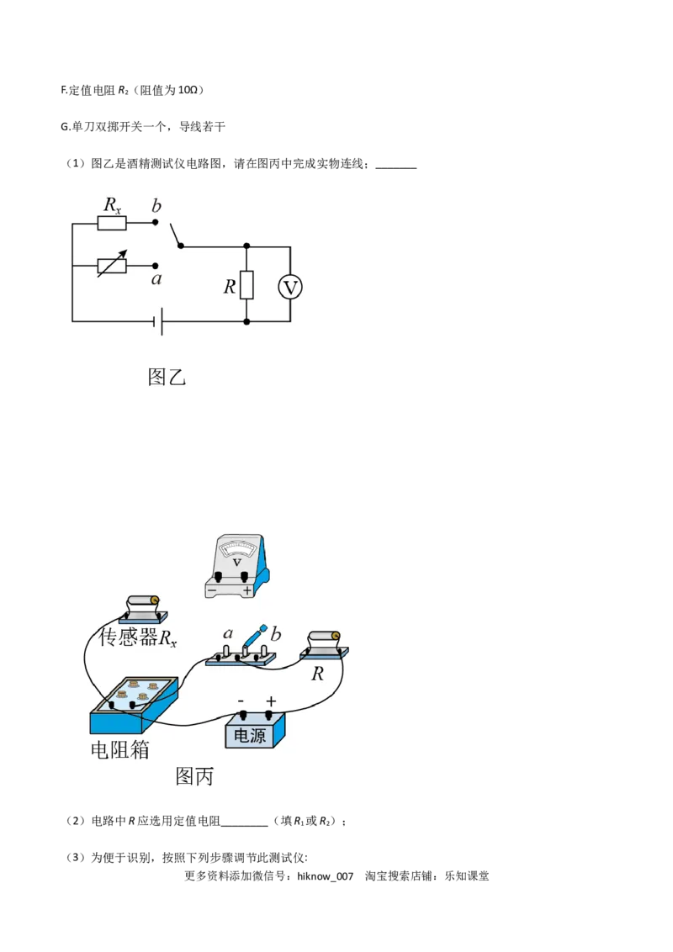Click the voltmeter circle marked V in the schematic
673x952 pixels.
tap(290, 288)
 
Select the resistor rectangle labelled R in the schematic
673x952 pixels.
tap(246, 286)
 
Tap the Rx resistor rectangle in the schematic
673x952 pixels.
tap(112, 223)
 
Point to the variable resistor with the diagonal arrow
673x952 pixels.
tap(112, 265)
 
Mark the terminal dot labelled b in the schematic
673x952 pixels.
tap(156, 223)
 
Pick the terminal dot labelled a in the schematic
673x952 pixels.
tap(156, 265)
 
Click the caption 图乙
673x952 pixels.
tap(167, 376)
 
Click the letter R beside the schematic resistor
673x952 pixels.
tap(229, 287)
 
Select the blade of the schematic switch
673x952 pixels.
tap(176, 235)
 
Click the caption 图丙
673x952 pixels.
tap(194, 775)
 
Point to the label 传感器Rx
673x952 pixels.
tap(138, 638)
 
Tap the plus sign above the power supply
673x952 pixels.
tap(271, 701)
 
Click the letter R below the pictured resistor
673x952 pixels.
tap(317, 674)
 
